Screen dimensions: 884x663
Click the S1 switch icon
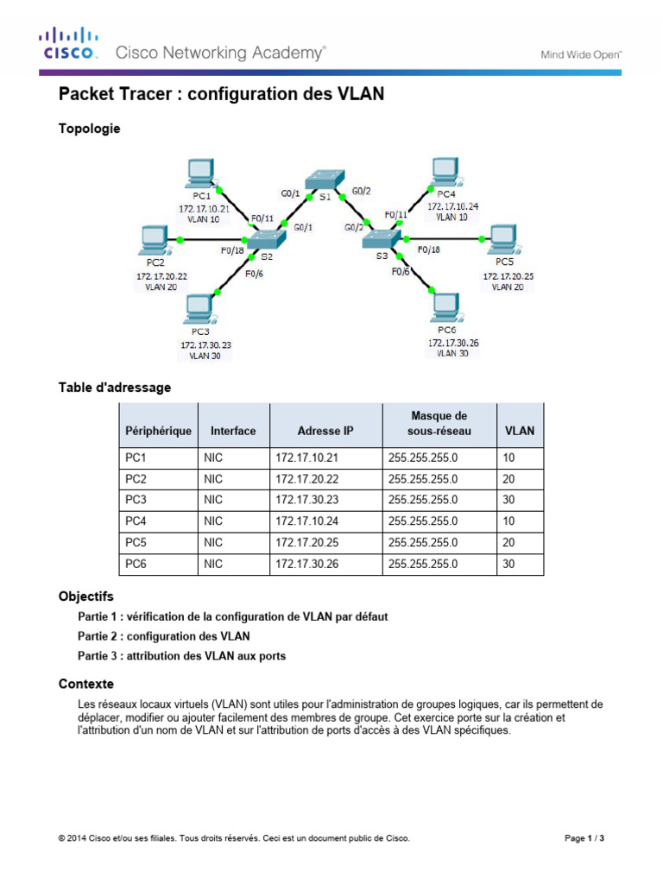(x=325, y=180)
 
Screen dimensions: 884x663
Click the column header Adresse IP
(x=325, y=431)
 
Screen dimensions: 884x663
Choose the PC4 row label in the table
(x=137, y=522)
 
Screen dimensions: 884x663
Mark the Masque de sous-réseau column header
(x=438, y=423)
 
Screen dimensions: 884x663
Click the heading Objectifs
(x=85, y=597)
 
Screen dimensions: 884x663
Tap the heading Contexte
(x=86, y=684)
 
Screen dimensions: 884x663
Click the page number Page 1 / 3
(x=584, y=838)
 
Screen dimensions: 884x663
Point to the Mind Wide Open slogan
(x=581, y=54)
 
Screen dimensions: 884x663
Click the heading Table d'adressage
(x=114, y=388)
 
